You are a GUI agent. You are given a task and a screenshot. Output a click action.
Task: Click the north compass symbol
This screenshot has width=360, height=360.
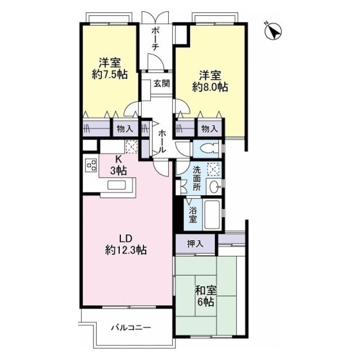pos(273,31)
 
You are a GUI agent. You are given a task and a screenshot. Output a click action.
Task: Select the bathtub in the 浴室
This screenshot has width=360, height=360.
pos(213,214)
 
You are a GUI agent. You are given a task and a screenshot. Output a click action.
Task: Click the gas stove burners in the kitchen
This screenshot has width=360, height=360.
pos(91,165)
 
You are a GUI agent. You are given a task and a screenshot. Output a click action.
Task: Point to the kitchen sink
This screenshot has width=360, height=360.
pos(116,185)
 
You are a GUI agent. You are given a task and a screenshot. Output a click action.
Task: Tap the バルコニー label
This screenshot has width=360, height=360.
pos(131,327)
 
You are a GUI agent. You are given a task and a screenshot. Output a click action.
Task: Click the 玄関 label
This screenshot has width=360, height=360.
pos(161,83)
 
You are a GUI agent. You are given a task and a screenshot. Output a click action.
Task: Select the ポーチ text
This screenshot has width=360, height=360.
pos(155,38)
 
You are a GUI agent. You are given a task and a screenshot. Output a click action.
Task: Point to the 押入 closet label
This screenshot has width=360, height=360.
pos(195,244)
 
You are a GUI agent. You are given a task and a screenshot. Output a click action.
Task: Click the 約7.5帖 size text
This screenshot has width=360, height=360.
pos(110,74)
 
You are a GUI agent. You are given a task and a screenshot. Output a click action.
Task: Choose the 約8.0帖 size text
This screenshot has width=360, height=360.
pos(210,87)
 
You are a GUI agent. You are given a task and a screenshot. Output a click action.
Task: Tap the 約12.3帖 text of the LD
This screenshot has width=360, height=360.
pos(126,250)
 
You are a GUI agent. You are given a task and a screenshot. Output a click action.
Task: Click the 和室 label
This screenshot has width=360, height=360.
pos(206,291)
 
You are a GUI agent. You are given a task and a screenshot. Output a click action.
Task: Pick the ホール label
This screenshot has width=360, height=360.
pos(162,141)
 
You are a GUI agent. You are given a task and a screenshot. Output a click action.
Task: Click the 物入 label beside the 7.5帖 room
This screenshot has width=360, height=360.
pos(125,129)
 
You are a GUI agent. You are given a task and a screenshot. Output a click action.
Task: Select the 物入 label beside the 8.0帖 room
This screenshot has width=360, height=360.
pos(209,129)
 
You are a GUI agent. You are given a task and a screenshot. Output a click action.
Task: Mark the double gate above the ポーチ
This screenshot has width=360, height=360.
pos(155,17)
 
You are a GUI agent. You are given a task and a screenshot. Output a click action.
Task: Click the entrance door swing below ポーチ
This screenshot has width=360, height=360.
pos(156,62)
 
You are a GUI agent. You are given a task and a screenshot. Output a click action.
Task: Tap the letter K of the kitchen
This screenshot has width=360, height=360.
pos(118,159)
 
